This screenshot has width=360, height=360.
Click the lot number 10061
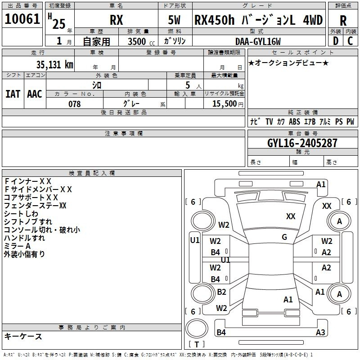click(x=22, y=19)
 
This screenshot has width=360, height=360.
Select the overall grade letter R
click(x=343, y=21)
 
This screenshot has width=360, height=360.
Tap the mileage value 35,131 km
click(x=54, y=65)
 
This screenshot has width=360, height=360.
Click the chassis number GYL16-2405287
click(x=302, y=143)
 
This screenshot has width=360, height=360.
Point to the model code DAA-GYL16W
click(x=258, y=41)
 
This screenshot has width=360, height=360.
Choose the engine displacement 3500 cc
click(x=141, y=41)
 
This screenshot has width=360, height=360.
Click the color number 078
click(x=75, y=104)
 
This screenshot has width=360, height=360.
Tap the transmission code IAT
click(x=13, y=94)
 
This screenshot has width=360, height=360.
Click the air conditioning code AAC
click(x=35, y=94)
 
